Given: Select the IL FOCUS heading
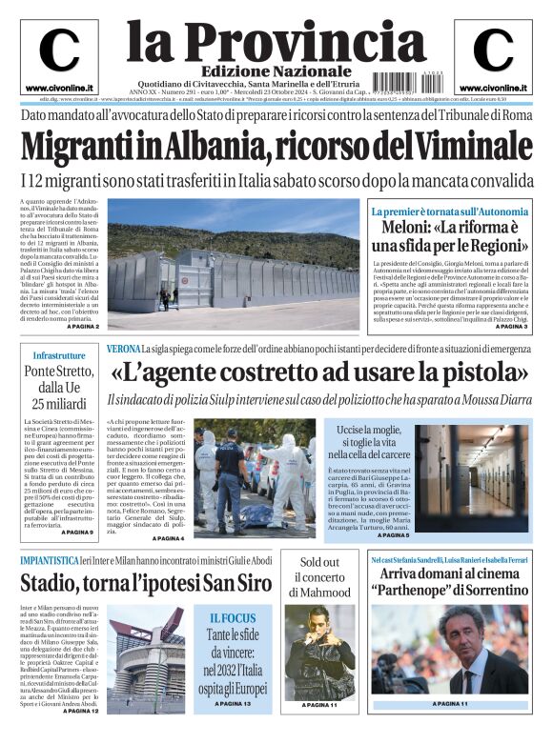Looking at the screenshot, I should (x=234, y=618).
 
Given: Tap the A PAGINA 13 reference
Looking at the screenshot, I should (x=234, y=704).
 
